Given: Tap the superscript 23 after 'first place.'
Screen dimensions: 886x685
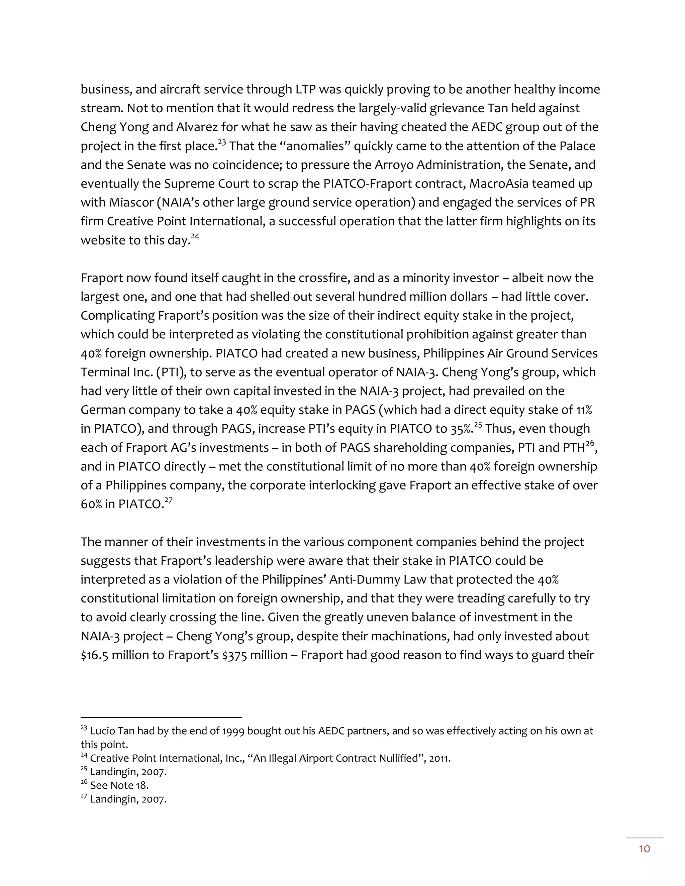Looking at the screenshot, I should [x=222, y=142].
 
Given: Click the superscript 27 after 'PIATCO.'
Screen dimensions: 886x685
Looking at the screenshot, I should [x=169, y=501].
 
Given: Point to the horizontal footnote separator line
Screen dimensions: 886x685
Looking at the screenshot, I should [x=161, y=717].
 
